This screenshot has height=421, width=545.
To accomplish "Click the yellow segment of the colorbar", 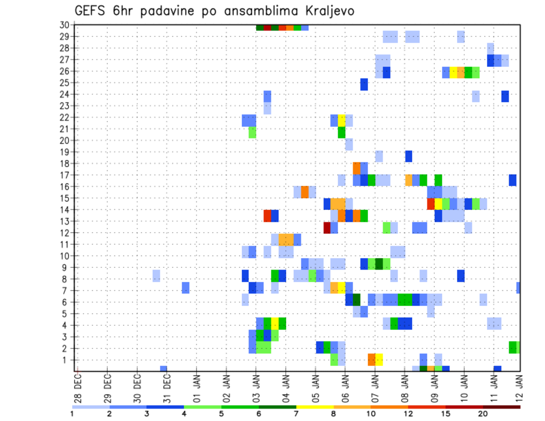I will click(315, 407).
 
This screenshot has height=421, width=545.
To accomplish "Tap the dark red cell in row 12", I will click(327, 228).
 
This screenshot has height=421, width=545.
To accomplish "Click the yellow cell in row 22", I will click(342, 120).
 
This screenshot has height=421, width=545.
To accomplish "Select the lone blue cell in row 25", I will click(364, 85).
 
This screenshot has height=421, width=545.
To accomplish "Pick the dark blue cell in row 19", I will click(409, 156).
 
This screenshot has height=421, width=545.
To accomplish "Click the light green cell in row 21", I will click(252, 132).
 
